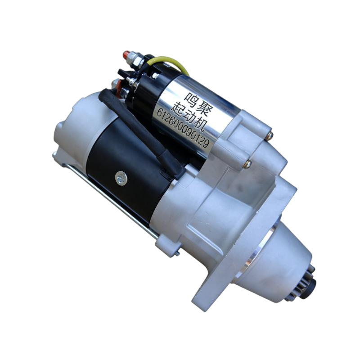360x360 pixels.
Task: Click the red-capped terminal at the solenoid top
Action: click(126, 54)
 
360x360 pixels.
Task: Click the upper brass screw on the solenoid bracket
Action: click(270, 136)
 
